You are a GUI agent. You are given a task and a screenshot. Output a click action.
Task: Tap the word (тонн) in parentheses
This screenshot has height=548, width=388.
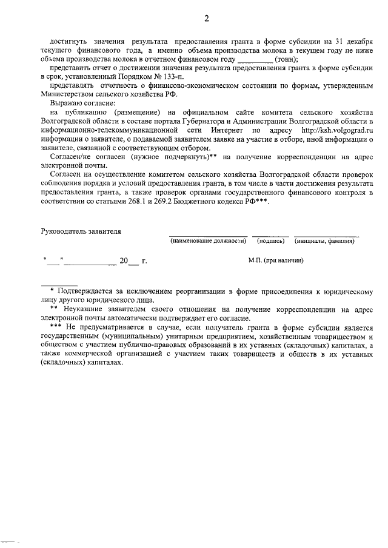point(286,60)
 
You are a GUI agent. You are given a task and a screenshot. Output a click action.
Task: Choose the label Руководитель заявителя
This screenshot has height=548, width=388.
point(81,231)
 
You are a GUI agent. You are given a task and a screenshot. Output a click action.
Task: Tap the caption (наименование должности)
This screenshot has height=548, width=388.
point(208,241)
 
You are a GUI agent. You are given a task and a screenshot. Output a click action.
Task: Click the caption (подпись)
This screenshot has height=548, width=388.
point(270,241)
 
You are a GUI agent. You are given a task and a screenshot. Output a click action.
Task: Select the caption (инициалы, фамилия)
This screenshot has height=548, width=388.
point(325,241)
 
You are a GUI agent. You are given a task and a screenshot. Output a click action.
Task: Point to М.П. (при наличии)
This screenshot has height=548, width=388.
point(276,260)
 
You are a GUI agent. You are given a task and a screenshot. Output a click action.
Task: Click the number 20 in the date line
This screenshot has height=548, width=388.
point(124,261)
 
